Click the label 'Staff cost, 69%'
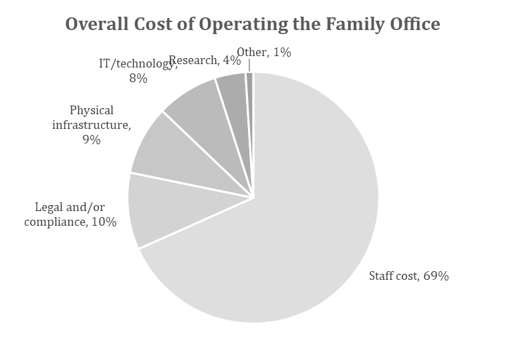(408, 276)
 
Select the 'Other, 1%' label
(263, 52)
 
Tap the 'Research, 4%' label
(205, 60)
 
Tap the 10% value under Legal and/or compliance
(105, 222)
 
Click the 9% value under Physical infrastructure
(92, 140)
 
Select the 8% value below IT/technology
(138, 78)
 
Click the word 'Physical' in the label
(92, 110)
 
